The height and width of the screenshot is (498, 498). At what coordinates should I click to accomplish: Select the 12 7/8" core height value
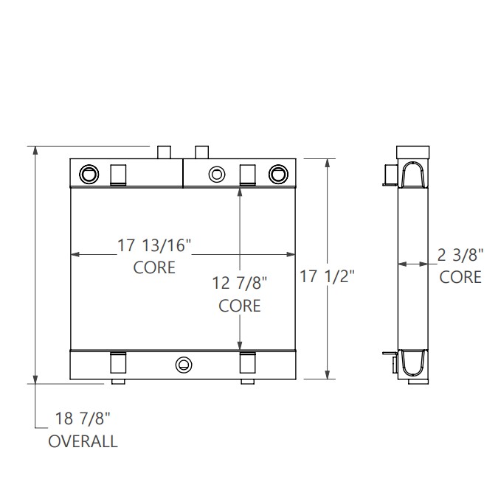240,283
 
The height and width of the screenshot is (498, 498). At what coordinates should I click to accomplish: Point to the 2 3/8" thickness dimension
460,256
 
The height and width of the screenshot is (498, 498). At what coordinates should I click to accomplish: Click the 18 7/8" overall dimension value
83,419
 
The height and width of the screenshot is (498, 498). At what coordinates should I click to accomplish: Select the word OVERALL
83,441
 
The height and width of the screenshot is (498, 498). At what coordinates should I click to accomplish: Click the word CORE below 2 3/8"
460,277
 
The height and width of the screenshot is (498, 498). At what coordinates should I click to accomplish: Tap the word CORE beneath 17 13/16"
154,267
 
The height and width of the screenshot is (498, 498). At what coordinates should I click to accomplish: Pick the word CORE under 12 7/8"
240,305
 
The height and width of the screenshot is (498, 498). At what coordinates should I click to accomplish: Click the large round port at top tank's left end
89,174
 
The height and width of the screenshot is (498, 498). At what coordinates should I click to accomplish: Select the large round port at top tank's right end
277,174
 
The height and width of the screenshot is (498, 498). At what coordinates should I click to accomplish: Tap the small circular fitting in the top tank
216,174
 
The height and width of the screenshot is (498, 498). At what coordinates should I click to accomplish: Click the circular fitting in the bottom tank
183,365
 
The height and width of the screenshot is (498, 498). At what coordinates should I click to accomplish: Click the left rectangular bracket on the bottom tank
118,364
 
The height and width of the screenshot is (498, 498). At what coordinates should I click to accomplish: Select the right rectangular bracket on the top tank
249,173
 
